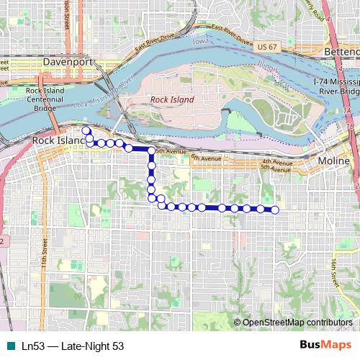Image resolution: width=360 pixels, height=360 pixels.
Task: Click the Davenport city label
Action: [x=69, y=63]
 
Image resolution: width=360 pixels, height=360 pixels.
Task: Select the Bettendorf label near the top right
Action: [x=343, y=53]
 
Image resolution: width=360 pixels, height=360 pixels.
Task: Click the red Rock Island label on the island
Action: [x=171, y=99]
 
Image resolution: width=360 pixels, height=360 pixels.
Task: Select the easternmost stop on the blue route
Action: [x=275, y=210]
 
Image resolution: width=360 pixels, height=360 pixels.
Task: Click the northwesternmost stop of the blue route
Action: [x=86, y=130]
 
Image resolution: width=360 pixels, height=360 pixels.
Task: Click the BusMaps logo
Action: [x=325, y=346]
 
